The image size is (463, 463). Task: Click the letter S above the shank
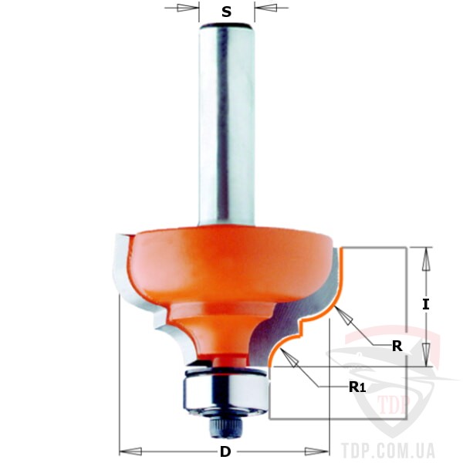[226, 12]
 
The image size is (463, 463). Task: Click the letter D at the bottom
[225, 451]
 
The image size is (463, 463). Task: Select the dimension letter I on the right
[425, 305]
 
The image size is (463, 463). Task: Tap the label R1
[357, 387]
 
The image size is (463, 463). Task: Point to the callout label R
[397, 346]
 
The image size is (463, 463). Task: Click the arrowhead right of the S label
[265, 8]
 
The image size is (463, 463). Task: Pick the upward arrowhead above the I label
[425, 259]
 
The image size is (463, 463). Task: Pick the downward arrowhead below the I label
[425, 355]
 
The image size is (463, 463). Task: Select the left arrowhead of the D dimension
[130, 451]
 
